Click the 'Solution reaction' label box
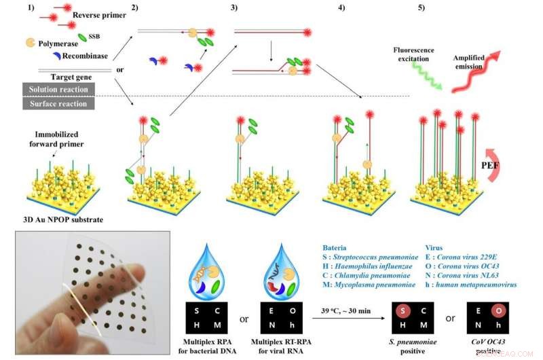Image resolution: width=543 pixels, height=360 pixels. [58, 89]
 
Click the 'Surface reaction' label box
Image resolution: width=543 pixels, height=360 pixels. [58, 103]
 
